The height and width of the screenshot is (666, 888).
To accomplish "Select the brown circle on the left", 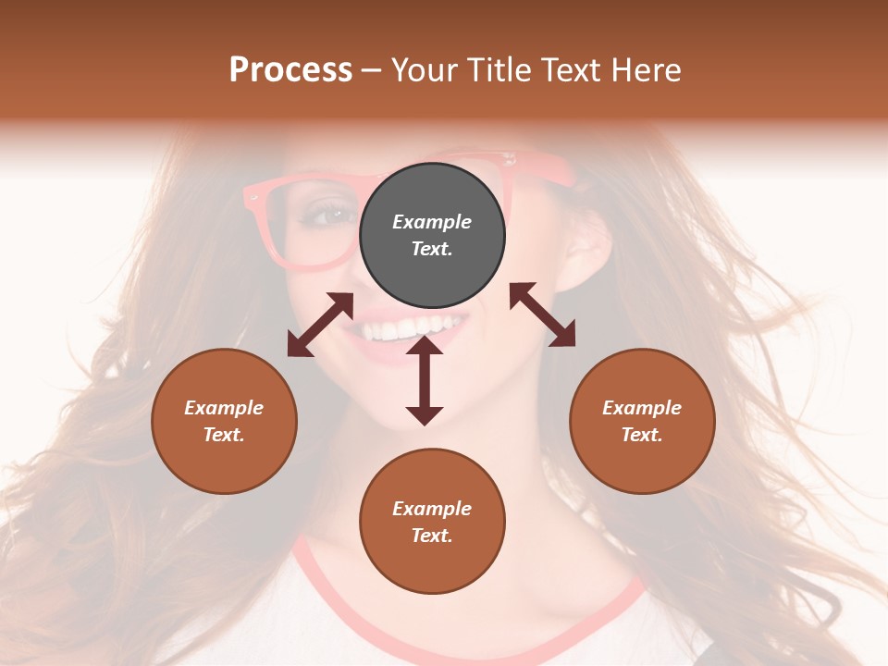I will click(224, 421).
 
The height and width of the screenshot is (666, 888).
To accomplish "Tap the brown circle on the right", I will click(642, 421).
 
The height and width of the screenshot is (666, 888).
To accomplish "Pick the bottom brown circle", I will click(432, 521).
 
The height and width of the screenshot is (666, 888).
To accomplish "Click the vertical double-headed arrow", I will click(425, 380).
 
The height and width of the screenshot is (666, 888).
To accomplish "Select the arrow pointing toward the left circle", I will click(320, 325).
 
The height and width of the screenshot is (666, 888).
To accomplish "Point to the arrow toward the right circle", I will click(542, 314).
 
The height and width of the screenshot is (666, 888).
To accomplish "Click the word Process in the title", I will click(290, 69).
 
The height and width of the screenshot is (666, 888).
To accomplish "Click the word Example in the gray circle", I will click(432, 222).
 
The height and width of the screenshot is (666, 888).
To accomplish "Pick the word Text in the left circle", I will click(224, 435).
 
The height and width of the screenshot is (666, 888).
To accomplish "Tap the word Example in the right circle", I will click(642, 408).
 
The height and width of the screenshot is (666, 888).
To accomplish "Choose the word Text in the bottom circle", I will click(432, 536).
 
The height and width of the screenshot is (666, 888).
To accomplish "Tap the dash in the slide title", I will click(372, 70).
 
